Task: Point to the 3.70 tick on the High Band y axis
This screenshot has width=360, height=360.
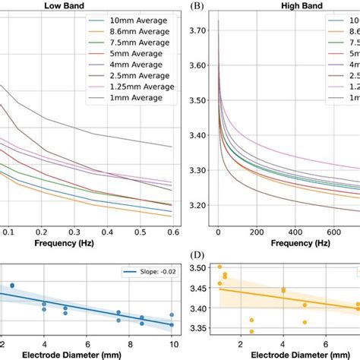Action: click(197, 30)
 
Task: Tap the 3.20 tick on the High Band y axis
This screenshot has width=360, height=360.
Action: click(197, 205)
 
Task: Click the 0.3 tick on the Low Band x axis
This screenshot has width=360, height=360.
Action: click(74, 231)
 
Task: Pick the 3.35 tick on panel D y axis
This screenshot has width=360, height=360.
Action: click(196, 328)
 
